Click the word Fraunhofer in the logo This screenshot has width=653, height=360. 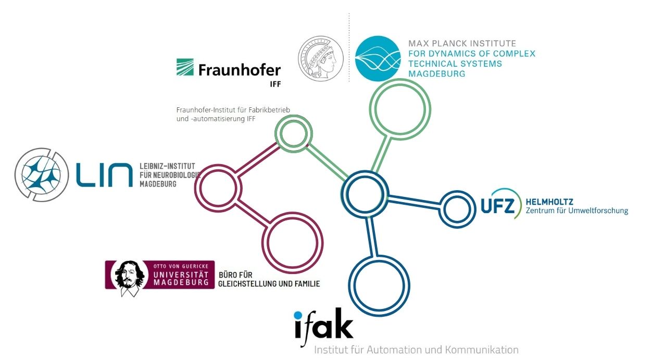tap(240, 70)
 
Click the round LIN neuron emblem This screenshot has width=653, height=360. tap(40, 175)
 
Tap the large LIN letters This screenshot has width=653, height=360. tap(104, 175)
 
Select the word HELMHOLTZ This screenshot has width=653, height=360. tap(550, 202)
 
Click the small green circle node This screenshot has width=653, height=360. tap(294, 133)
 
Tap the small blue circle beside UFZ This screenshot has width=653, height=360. tap(457, 209)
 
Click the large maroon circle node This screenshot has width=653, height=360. tap(292, 243)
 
